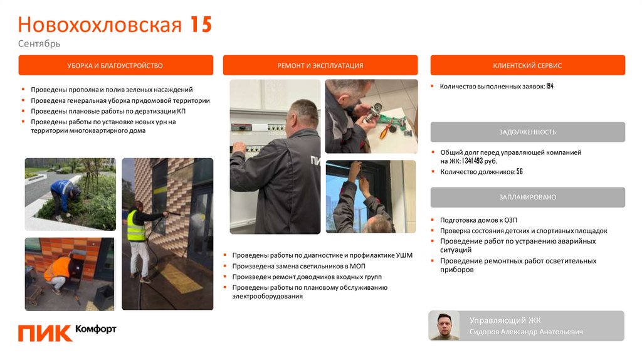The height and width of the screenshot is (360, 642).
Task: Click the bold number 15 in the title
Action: [201, 24]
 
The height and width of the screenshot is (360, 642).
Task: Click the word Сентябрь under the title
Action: [39, 43]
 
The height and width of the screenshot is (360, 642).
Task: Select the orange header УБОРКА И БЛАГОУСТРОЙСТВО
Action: [116, 65]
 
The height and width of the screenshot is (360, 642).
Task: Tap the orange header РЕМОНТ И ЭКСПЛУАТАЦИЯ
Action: [320, 65]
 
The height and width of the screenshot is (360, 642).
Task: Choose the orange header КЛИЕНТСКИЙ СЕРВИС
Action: [527, 65]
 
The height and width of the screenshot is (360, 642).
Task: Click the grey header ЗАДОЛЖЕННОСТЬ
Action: [527, 132]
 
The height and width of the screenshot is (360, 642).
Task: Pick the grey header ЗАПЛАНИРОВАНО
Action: [527, 197]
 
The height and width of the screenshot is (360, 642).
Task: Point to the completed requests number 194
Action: [550, 86]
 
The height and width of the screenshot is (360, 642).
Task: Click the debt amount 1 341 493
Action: [473, 161]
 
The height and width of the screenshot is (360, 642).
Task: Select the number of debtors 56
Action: [520, 172]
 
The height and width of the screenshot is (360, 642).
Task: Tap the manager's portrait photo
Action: [445, 326]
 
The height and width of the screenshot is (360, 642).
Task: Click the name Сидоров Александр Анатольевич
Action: [526, 332]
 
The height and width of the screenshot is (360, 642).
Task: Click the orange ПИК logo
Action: [45, 334]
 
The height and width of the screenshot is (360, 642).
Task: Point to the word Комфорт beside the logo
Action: [96, 329]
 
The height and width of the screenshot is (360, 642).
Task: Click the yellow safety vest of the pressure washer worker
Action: [136, 226]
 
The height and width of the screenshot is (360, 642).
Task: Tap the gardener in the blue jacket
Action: [64, 196]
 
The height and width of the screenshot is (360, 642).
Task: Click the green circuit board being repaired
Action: [391, 122]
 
